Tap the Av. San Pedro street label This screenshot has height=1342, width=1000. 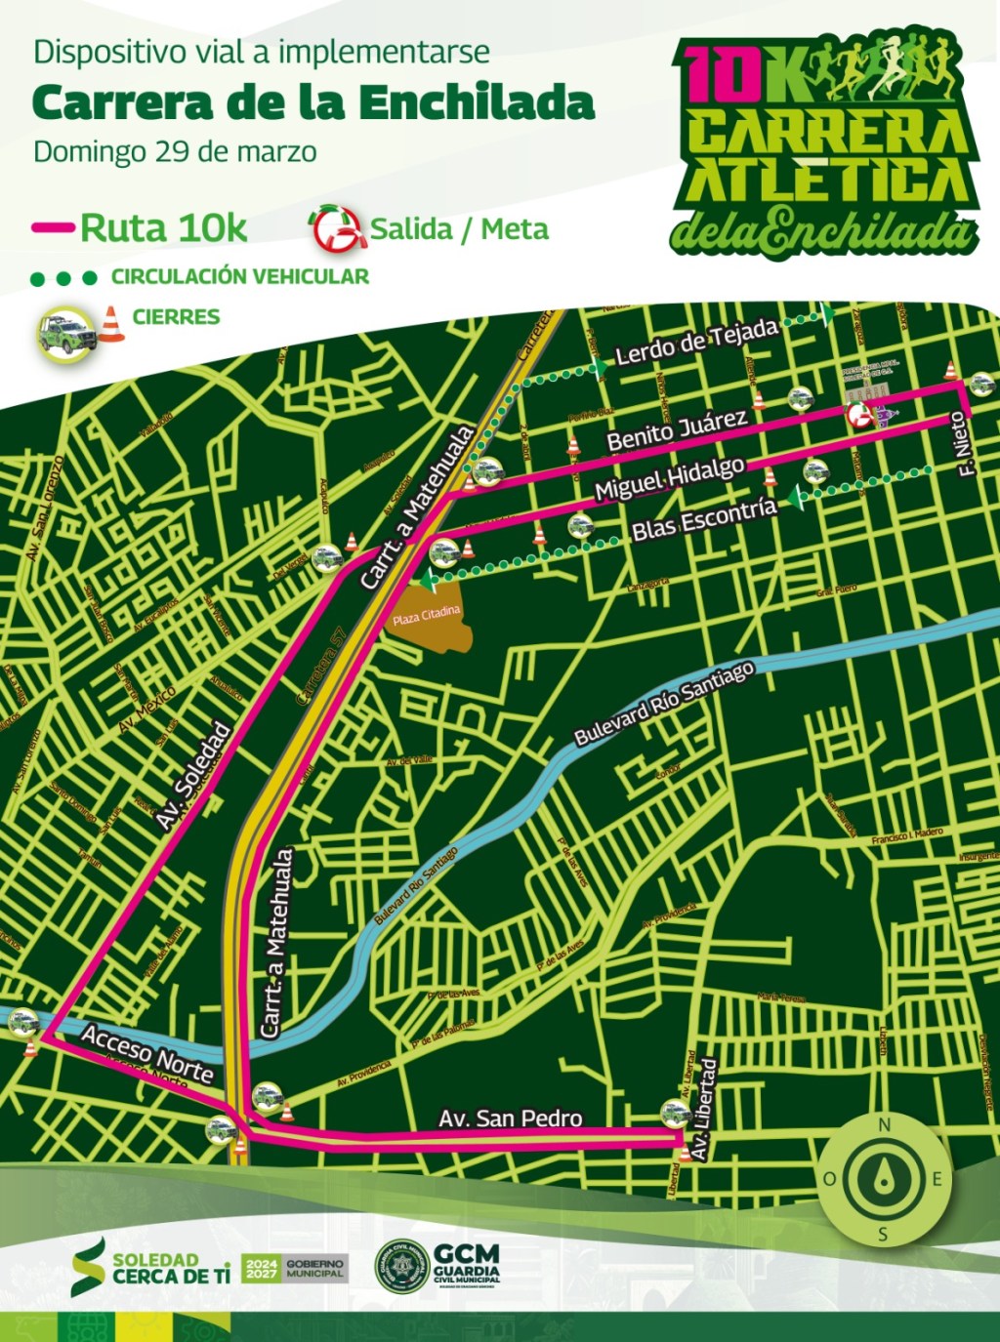click(510, 1118)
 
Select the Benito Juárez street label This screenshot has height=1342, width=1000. click(676, 430)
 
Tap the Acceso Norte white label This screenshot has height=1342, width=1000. click(146, 1054)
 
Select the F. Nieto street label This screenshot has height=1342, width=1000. click(965, 444)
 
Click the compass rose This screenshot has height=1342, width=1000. click(884, 1179)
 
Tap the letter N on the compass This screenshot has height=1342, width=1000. click(885, 1125)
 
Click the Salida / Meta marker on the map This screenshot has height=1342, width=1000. click(859, 416)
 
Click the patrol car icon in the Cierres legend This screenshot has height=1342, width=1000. click(66, 332)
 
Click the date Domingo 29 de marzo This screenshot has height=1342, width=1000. click(175, 152)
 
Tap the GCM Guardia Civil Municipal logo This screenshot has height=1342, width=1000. click(437, 1266)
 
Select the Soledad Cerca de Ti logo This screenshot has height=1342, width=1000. click(151, 1267)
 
